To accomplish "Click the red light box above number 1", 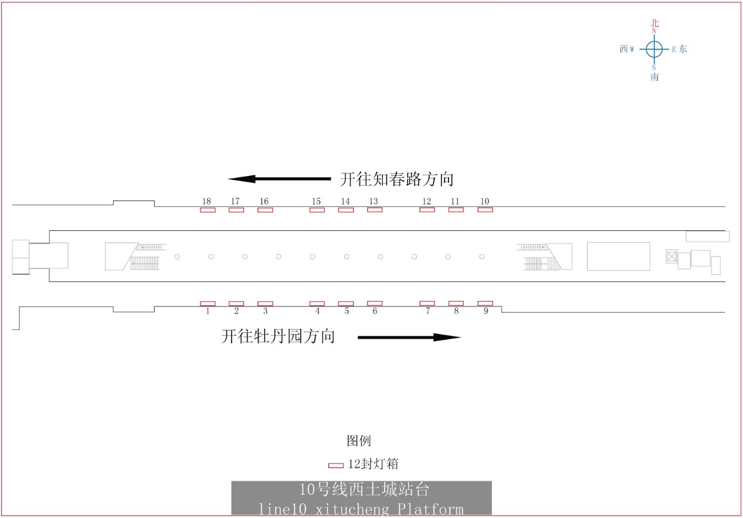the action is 208,304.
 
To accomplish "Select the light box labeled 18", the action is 208,210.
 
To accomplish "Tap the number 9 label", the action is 486,311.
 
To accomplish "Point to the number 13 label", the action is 374,201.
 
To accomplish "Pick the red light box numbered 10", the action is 485,209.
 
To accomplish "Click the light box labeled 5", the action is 346,304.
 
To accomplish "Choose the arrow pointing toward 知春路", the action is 279,179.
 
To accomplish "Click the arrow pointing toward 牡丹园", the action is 409,338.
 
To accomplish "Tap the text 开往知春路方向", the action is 396,179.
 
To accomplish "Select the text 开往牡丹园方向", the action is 278,336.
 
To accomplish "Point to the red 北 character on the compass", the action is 654,23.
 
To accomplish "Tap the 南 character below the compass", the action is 654,77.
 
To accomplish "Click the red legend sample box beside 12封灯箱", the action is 335,466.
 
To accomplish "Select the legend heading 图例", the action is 359,441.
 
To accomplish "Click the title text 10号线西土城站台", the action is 364,489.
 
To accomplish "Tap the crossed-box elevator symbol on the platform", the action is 671,257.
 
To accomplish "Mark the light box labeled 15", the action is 317,210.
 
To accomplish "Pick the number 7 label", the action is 428,311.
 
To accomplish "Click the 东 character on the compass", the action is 683,49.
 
